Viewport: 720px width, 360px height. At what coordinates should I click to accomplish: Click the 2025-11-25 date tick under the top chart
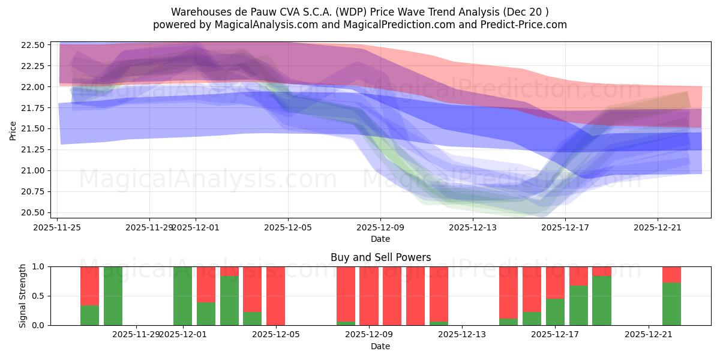click(x=57, y=227)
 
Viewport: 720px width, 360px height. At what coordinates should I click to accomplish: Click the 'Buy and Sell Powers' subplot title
click(x=380, y=257)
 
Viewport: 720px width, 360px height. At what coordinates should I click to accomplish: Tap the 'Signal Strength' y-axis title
click(x=22, y=296)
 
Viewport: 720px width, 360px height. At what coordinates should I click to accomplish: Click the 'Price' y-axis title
click(x=13, y=130)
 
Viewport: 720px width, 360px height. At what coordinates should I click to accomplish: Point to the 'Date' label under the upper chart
click(x=380, y=239)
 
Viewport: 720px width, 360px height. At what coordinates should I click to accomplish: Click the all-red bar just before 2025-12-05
click(x=275, y=296)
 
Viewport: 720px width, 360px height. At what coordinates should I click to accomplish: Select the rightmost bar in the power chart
click(x=671, y=296)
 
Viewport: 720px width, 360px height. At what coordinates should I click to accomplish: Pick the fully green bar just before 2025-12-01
click(x=182, y=296)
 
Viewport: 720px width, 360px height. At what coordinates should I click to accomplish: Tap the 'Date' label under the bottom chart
click(x=380, y=346)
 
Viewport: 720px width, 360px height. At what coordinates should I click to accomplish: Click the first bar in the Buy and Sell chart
click(x=89, y=296)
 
